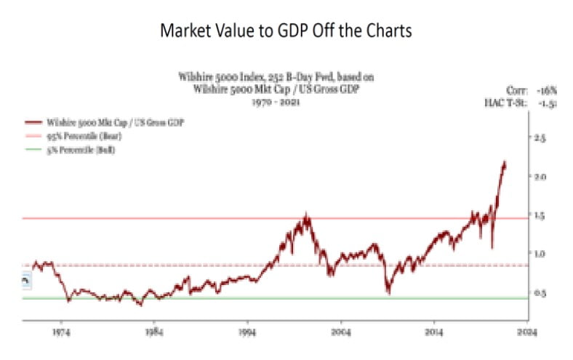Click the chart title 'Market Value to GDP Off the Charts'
click(x=286, y=31)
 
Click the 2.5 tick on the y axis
click(x=541, y=137)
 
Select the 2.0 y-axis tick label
click(x=541, y=176)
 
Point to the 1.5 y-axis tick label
click(x=541, y=215)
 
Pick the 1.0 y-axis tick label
click(x=541, y=254)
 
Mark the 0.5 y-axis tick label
click(x=541, y=293)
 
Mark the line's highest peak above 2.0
click(x=505, y=162)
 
